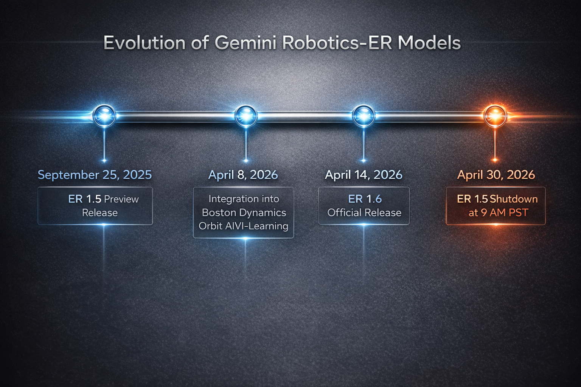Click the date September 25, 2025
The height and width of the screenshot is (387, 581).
point(95,175)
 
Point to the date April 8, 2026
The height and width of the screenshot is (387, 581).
point(243,175)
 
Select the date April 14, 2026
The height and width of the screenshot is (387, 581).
point(364,175)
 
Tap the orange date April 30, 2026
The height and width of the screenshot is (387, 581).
point(496,175)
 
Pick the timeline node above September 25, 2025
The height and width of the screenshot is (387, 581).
point(104,115)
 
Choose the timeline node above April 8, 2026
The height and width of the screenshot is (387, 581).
point(246,115)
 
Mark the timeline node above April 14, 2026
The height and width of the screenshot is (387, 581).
point(364,115)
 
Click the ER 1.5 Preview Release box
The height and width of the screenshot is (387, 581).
point(95,206)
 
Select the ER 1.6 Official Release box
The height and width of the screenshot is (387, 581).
point(364,206)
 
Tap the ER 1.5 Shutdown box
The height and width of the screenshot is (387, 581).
point(496,206)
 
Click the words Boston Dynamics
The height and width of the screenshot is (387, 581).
point(244,212)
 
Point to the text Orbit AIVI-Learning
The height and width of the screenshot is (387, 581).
point(244,226)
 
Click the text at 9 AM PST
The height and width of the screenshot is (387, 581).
point(498,213)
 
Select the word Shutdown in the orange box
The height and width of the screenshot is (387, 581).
point(514,199)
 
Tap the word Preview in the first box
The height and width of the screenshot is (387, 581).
point(121,199)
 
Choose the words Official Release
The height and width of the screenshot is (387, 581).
point(364,213)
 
